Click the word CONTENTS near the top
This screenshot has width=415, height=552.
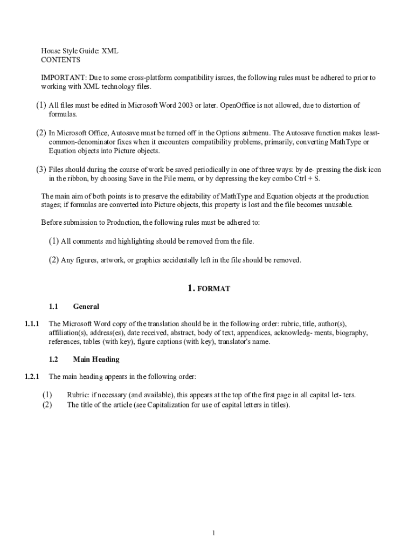coord(60,60)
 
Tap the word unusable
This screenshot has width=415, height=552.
coord(337,205)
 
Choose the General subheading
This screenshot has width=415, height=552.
coord(86,307)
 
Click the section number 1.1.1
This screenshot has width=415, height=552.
coord(32,324)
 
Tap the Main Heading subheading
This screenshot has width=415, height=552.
coord(96,359)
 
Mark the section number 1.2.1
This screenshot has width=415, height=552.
coord(32,376)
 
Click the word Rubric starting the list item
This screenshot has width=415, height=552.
coord(78,395)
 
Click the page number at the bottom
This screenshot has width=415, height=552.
coord(214,534)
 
